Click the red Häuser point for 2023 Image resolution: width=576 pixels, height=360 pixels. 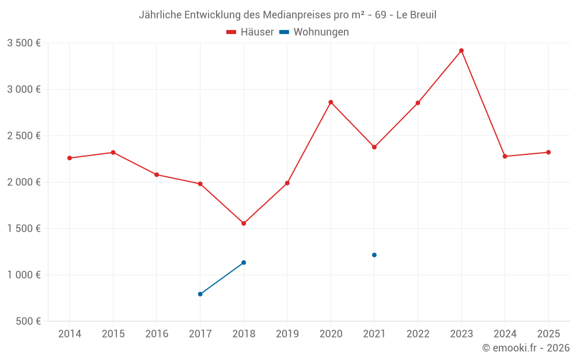461,51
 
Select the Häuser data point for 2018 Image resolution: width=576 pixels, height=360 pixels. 244,223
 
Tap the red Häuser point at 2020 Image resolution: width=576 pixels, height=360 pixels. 331,103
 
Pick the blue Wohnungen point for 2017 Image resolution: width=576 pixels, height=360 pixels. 200,294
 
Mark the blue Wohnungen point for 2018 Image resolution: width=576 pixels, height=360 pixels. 244,263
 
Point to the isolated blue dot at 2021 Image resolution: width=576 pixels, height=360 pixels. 374,255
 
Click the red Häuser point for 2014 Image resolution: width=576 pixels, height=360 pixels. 70,158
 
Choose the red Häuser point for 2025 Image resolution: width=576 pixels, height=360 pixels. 548,152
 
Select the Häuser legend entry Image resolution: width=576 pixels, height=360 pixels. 250,32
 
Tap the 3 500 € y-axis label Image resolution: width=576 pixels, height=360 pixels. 24,43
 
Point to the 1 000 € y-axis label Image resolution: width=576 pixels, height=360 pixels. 24,275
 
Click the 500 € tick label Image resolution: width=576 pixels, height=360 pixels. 27,321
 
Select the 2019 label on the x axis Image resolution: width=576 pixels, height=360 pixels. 287,334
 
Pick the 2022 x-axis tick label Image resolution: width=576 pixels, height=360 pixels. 418,334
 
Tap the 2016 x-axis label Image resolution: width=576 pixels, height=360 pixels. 157,334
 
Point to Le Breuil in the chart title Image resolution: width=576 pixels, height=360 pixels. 415,15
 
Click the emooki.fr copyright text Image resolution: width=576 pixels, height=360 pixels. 525,348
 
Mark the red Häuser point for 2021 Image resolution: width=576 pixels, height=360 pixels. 374,147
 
